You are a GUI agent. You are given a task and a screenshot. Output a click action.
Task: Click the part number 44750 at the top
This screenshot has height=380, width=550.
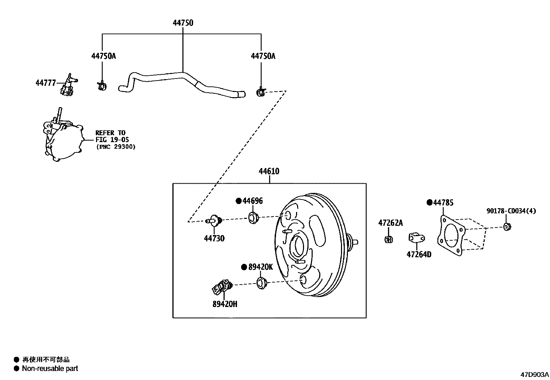183,23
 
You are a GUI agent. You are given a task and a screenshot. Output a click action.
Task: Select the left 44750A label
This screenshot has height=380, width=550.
103,56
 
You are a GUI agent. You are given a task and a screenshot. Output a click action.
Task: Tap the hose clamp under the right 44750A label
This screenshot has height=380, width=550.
261,92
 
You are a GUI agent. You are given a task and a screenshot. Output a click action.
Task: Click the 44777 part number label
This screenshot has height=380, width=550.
45,83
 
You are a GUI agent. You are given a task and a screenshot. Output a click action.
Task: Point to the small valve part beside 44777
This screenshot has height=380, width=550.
68,86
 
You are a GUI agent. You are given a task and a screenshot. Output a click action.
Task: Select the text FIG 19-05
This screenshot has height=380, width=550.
112,140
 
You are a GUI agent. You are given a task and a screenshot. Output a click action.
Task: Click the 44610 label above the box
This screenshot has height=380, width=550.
269,171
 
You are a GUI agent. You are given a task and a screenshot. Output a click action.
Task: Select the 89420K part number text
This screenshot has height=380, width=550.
260,267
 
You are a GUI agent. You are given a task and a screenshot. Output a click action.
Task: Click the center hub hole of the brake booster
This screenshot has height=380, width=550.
299,246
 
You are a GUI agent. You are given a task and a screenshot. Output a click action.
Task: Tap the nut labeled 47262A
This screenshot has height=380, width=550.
388,239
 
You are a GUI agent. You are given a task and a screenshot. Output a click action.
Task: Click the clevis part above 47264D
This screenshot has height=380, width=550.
417,238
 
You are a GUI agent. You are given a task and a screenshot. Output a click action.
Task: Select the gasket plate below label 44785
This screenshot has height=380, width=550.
451,236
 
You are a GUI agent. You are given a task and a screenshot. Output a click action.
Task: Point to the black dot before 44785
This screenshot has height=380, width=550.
429,203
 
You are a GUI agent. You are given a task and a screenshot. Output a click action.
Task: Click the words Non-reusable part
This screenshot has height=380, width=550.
50,369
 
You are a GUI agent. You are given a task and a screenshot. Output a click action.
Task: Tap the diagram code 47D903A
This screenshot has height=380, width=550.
534,374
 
